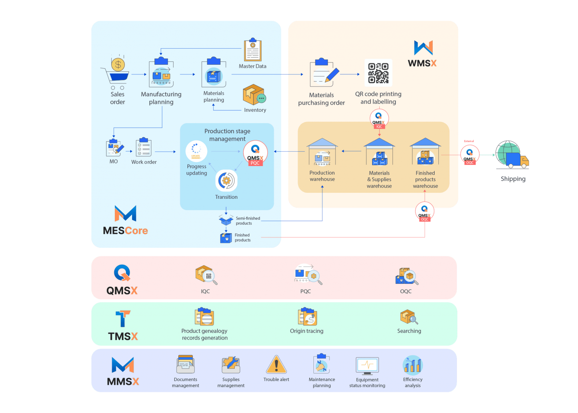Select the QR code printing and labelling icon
click(378, 73)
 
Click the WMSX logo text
click(422, 63)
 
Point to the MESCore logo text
click(125, 230)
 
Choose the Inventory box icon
click(254, 95)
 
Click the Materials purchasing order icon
click(322, 74)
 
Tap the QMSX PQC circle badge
click(255, 153)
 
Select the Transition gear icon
click(226, 181)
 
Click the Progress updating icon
click(196, 151)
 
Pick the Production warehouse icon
click(322, 153)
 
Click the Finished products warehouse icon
click(425, 152)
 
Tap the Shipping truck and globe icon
click(512, 155)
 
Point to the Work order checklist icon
click(143, 148)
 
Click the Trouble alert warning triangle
click(276, 365)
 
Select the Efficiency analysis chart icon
click(413, 365)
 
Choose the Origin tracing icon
click(307, 317)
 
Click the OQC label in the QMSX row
click(406, 291)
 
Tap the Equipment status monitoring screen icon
click(367, 366)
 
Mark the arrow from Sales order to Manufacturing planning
click(139, 75)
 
